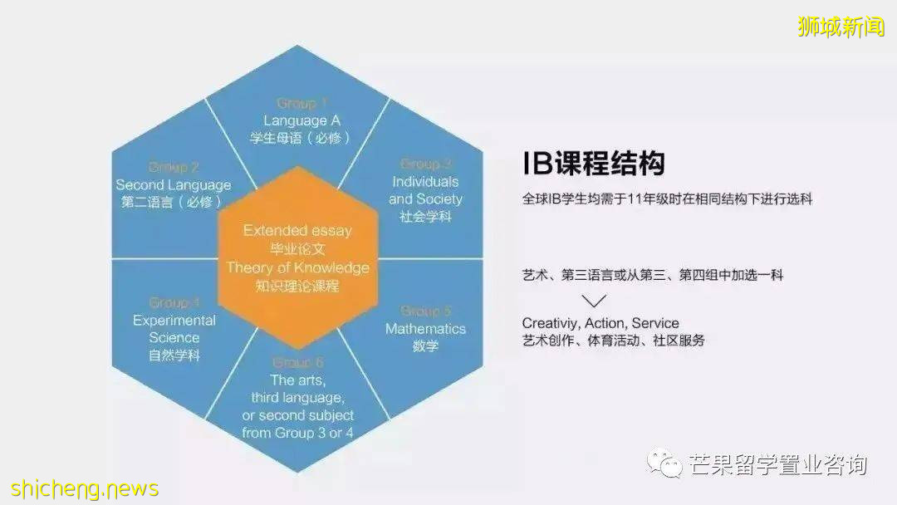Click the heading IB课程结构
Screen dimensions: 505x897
(x=593, y=164)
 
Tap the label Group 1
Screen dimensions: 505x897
(x=297, y=104)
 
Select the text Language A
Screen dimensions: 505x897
(x=297, y=120)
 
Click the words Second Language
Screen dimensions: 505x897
(x=173, y=184)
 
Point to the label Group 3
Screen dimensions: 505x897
(x=425, y=164)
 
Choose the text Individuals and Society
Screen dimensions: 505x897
(x=425, y=190)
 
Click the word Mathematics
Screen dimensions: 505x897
(x=425, y=329)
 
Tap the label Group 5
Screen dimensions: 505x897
(x=425, y=311)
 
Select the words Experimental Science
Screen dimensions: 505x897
(x=174, y=329)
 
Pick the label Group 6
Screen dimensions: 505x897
(x=297, y=362)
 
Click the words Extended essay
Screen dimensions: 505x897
(x=297, y=231)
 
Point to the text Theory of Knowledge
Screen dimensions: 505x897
(x=297, y=267)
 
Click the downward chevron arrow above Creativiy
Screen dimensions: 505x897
(x=595, y=301)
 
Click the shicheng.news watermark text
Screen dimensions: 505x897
(x=80, y=488)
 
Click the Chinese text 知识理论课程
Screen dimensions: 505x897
(x=297, y=286)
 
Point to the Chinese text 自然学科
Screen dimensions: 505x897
(x=174, y=355)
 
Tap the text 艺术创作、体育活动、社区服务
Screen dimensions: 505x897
(x=613, y=341)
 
